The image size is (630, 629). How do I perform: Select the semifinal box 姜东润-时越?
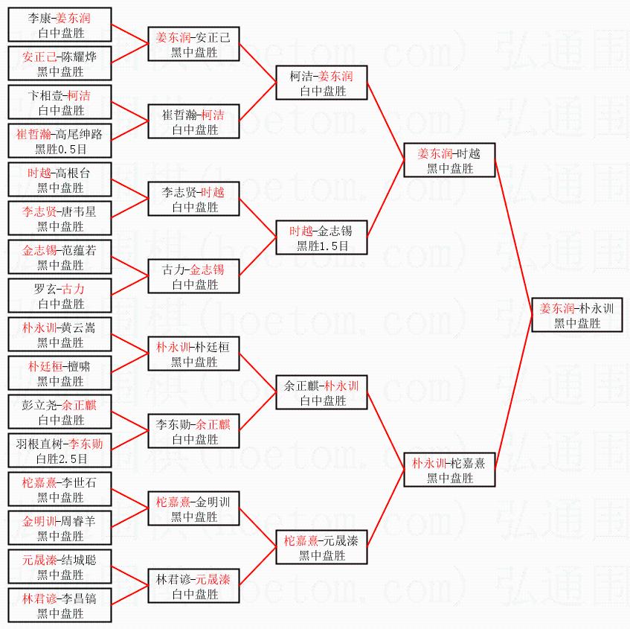click(449, 160)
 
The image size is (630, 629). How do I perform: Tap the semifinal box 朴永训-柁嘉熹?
click(449, 470)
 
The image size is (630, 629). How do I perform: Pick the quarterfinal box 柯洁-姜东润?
click(323, 83)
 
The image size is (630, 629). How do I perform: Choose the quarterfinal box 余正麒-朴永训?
click(323, 392)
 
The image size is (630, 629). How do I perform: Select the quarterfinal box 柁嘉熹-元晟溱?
click(323, 547)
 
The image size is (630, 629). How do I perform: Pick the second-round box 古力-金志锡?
click(194, 276)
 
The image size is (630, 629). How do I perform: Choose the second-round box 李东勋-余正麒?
click(194, 431)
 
